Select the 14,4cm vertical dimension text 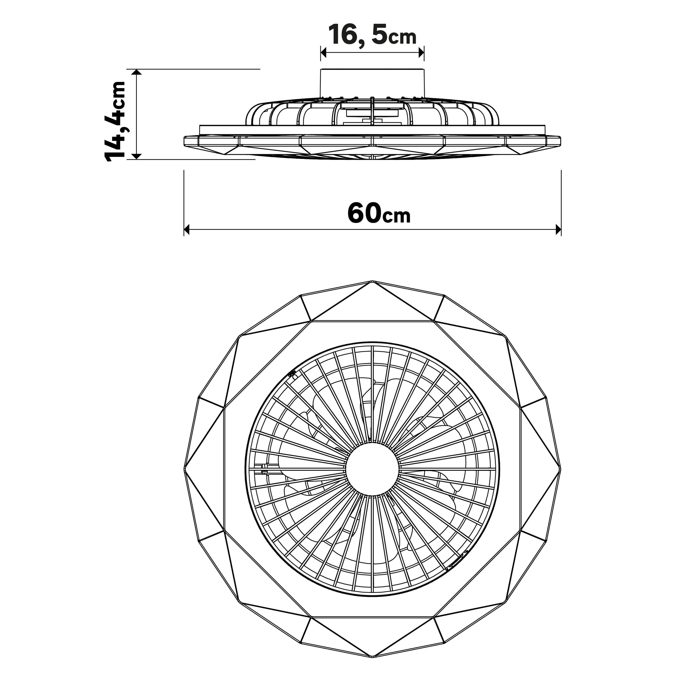tap(115, 122)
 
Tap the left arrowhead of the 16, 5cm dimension tap(324, 53)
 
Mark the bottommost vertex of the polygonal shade tap(372, 657)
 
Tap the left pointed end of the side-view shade tap(185, 141)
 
